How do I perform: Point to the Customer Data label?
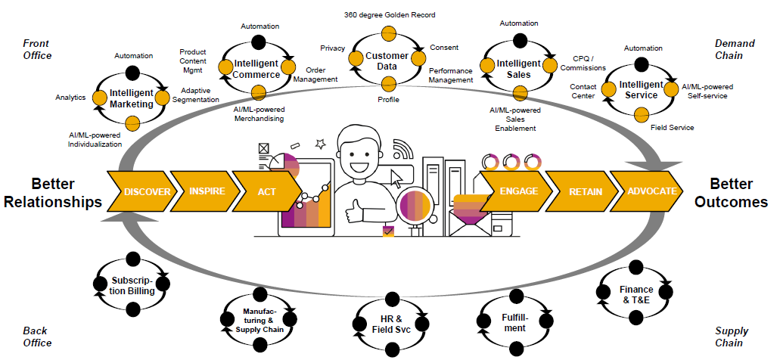point(387,61)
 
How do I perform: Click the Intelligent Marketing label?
point(131,98)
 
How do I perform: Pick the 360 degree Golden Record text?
point(389,15)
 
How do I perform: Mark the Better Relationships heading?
point(67,193)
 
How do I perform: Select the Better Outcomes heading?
point(731,193)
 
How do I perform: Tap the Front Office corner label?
point(37,49)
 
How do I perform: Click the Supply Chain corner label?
point(731,337)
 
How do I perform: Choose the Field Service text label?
point(672,128)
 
